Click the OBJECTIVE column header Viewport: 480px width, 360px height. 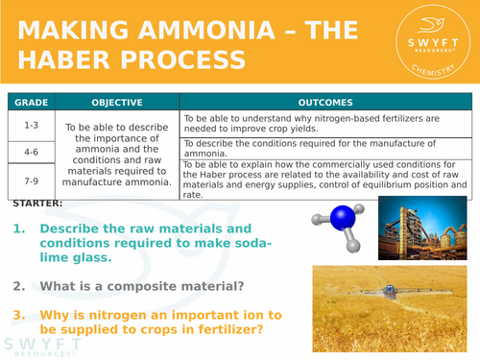point(117,102)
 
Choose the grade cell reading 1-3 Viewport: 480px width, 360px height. point(31,124)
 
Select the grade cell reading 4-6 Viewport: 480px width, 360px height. point(31,151)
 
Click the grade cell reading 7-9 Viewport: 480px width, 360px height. point(31,180)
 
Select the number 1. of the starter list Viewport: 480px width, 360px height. point(21,228)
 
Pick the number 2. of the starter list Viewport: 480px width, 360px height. point(21,285)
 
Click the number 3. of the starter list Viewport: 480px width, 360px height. point(21,313)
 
